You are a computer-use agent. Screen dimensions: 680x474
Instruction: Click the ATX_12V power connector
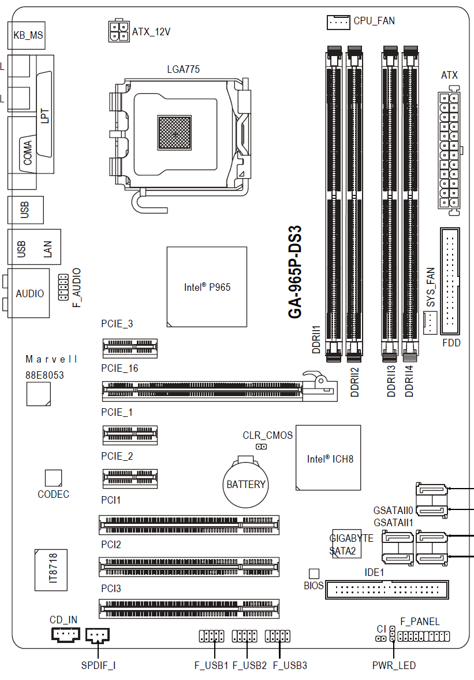click(119, 31)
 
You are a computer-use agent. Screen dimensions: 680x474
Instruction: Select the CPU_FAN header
click(338, 22)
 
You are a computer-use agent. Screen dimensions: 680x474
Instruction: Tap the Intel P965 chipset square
click(207, 287)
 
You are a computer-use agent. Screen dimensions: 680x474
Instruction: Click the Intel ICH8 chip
click(329, 458)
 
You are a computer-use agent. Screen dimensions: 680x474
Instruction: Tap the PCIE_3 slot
click(130, 347)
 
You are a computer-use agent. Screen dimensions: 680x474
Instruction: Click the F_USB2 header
click(244, 637)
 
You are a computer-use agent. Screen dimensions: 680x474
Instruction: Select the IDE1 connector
click(387, 590)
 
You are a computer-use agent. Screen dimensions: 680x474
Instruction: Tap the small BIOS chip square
click(313, 573)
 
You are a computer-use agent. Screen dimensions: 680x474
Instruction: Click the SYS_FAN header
click(430, 322)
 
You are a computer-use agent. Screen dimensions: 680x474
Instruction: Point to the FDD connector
click(450, 281)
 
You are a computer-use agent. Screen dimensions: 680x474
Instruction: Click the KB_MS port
click(28, 36)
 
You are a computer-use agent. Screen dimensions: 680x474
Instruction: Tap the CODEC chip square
click(53, 477)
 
